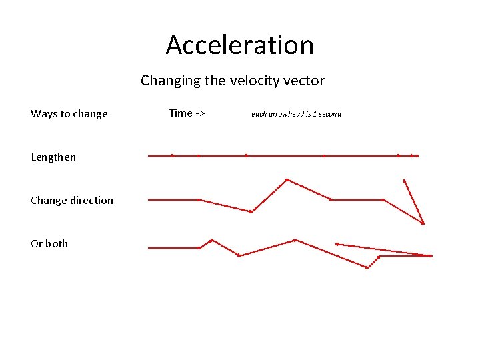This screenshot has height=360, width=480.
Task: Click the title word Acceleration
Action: (x=239, y=45)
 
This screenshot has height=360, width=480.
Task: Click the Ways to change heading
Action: (x=69, y=114)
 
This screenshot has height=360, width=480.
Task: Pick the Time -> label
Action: (x=187, y=113)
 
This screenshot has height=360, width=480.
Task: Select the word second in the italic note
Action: (x=329, y=114)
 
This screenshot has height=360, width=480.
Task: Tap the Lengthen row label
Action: (x=53, y=157)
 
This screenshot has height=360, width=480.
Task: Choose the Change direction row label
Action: (x=72, y=201)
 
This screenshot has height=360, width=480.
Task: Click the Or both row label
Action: (x=49, y=244)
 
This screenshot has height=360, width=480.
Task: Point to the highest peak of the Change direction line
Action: (x=287, y=180)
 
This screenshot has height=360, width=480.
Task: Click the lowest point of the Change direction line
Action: (x=423, y=223)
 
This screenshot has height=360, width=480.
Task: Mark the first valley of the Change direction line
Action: (x=251, y=212)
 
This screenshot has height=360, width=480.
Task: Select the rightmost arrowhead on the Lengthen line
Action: (x=417, y=156)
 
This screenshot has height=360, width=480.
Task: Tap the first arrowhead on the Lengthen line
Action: (x=173, y=156)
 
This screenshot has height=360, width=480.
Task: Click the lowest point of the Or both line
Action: (x=367, y=267)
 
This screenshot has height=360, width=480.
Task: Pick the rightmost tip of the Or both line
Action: (x=432, y=255)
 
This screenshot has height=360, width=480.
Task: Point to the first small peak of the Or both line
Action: (x=212, y=240)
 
